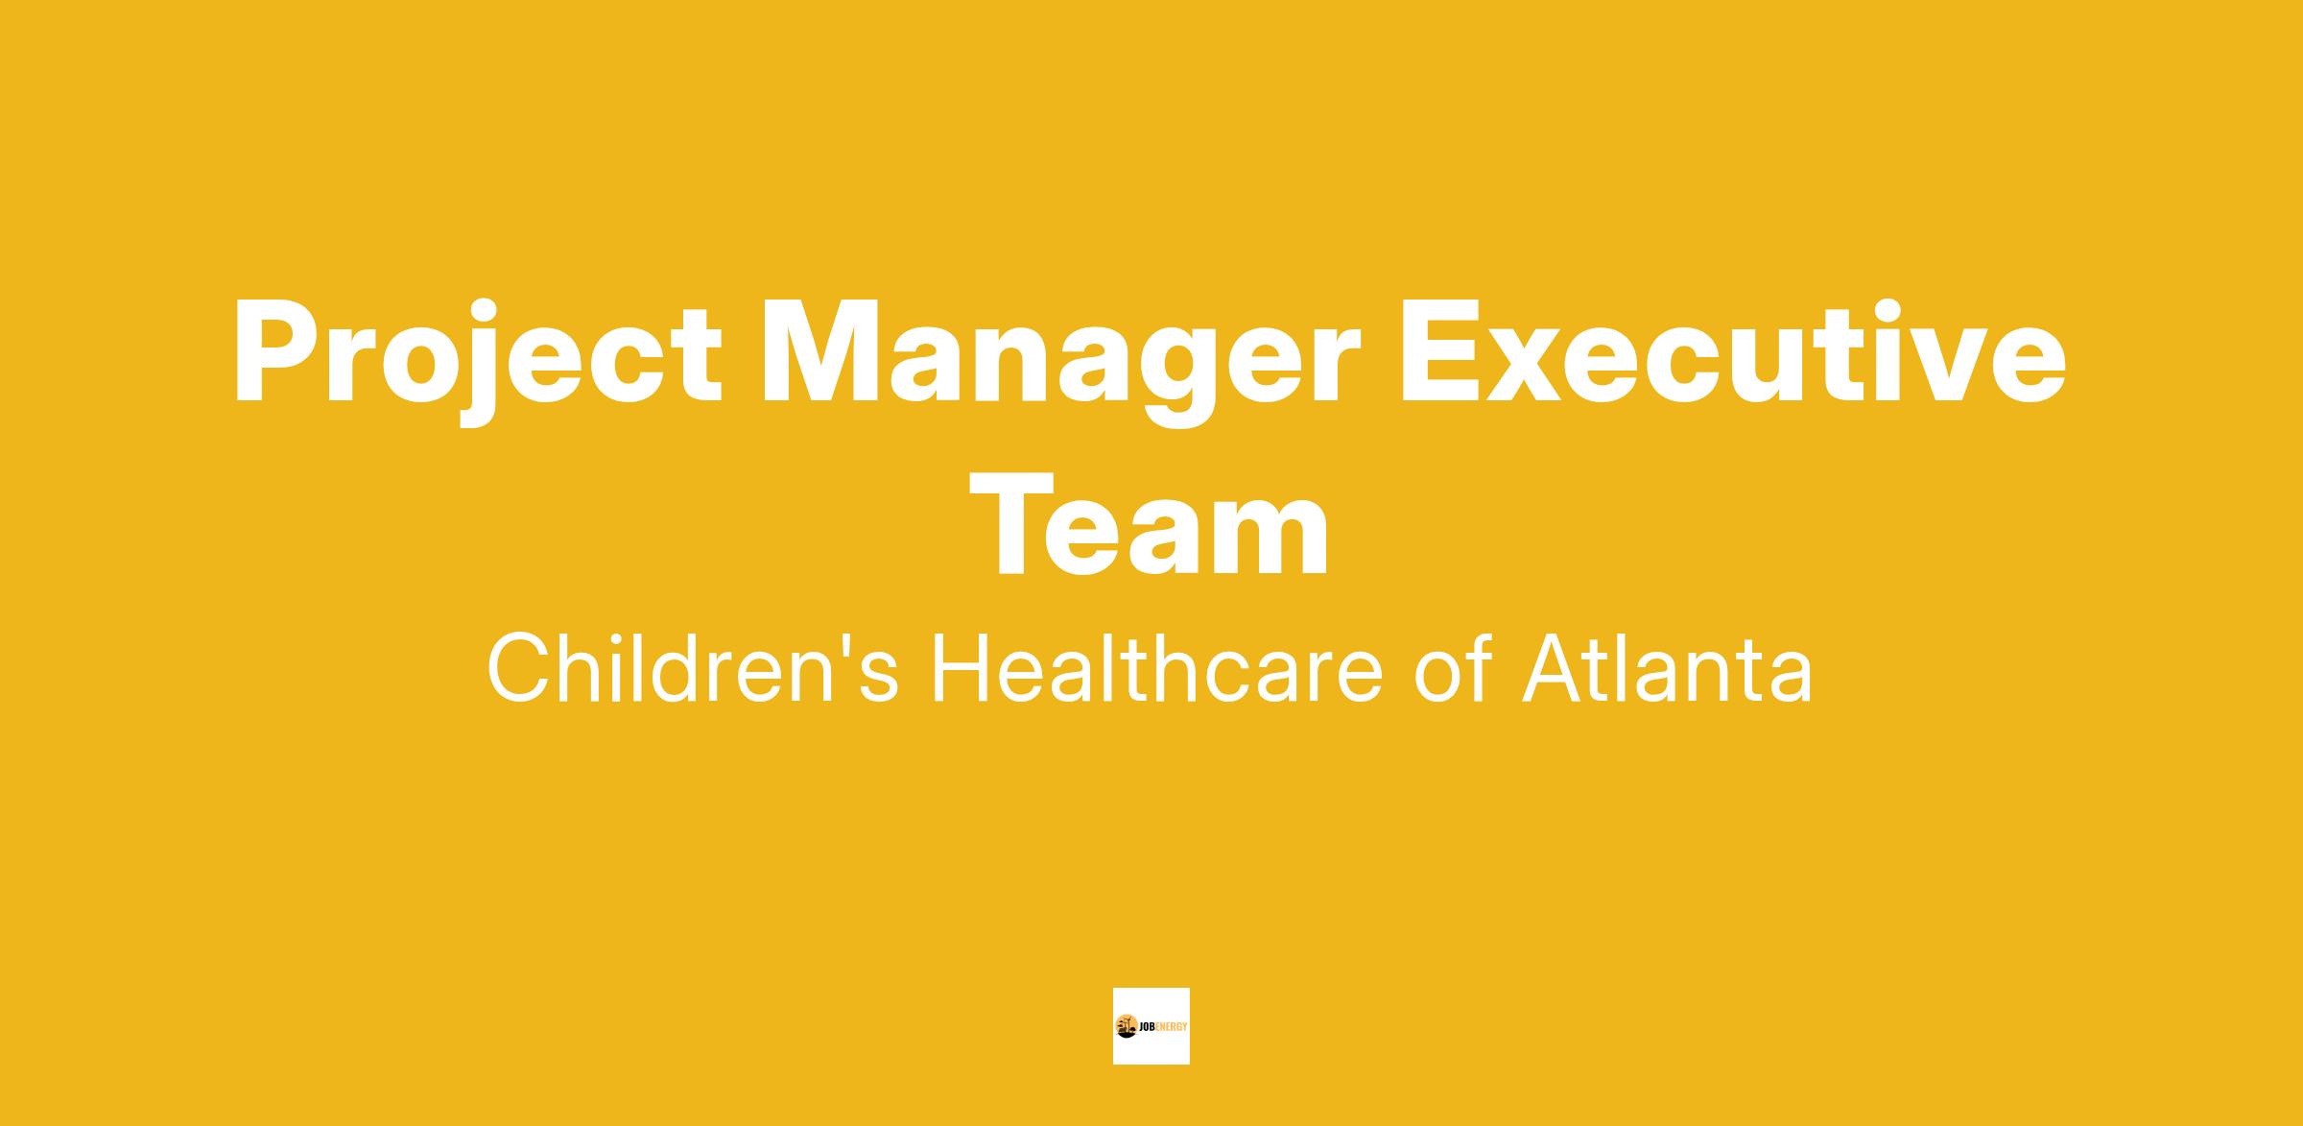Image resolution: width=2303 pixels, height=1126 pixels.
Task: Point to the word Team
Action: [1151, 524]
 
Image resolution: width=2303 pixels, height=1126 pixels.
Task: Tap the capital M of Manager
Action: [819, 351]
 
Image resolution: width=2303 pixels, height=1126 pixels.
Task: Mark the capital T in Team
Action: [1012, 524]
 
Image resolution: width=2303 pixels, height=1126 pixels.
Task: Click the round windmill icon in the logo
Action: [1127, 1026]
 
